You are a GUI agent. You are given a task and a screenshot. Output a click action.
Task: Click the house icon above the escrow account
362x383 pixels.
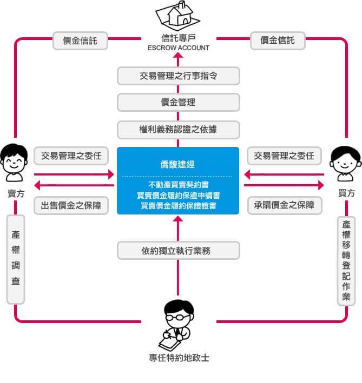pos(178,15)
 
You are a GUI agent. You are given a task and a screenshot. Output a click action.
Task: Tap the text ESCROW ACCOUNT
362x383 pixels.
pos(178,48)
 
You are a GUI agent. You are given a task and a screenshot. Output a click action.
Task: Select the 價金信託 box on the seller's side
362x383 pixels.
pos(80,41)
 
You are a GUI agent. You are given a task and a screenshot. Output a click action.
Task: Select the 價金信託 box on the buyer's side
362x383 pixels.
pos(278,41)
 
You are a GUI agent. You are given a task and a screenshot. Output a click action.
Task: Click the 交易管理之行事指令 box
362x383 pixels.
pos(178,76)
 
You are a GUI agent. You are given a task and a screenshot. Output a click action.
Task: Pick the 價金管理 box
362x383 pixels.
pos(178,102)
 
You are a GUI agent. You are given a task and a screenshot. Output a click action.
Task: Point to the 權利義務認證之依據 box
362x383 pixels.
pos(178,129)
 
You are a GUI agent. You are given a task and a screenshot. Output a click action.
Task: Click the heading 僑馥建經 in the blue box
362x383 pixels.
pos(178,163)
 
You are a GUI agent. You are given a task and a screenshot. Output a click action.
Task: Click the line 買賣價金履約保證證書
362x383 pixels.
pos(178,205)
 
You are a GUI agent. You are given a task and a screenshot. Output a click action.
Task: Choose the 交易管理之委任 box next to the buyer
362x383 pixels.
pos(284,156)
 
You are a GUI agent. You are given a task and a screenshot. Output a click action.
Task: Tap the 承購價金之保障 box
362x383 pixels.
pos(284,205)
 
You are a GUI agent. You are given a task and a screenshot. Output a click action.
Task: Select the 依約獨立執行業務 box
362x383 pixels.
pos(178,250)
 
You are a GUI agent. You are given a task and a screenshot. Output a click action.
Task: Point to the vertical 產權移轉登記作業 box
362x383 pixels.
pos(346,260)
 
